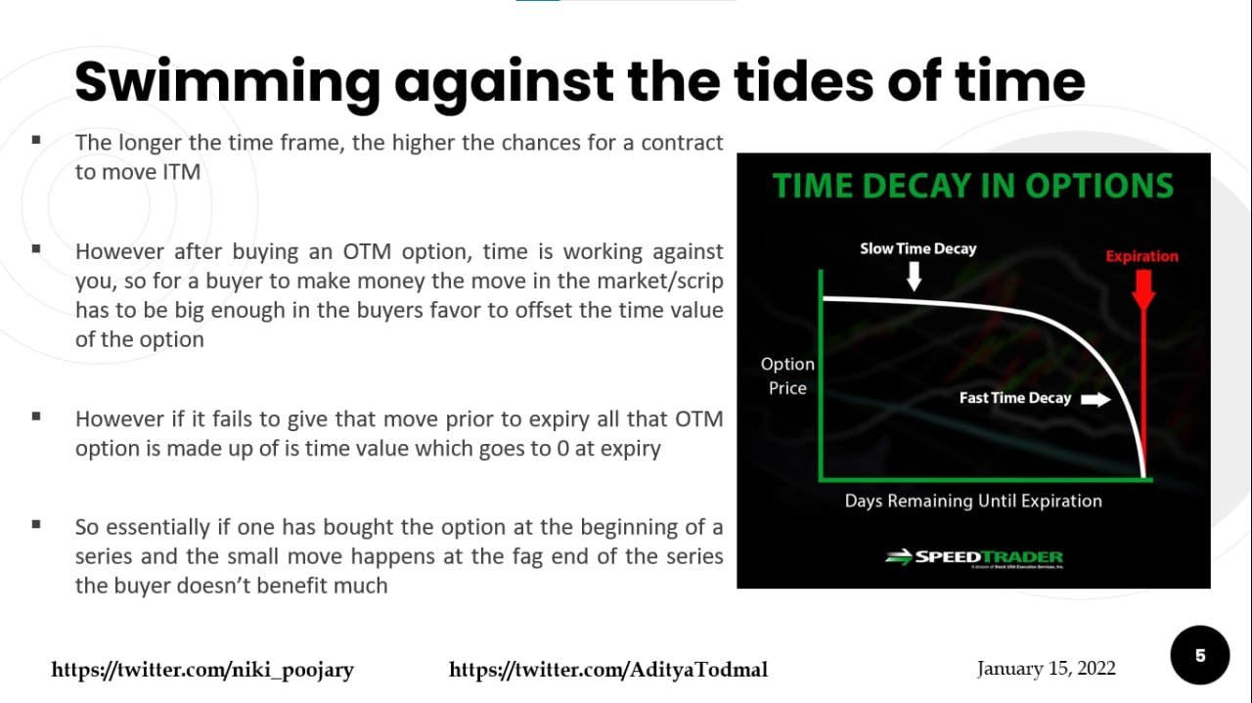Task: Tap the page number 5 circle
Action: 1200,655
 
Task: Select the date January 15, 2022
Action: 1046,669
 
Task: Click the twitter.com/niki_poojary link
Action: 202,670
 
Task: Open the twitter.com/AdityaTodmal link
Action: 607,670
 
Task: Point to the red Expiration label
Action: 1141,256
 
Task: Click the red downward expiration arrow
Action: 1142,289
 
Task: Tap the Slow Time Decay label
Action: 917,248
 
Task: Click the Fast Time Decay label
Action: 1014,398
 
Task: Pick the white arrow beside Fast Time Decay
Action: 1095,399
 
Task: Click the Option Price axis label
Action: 787,375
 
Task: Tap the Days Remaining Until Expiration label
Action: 973,501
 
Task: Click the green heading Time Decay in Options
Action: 972,186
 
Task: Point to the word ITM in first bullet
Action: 179,173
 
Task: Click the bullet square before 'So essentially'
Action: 36,524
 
